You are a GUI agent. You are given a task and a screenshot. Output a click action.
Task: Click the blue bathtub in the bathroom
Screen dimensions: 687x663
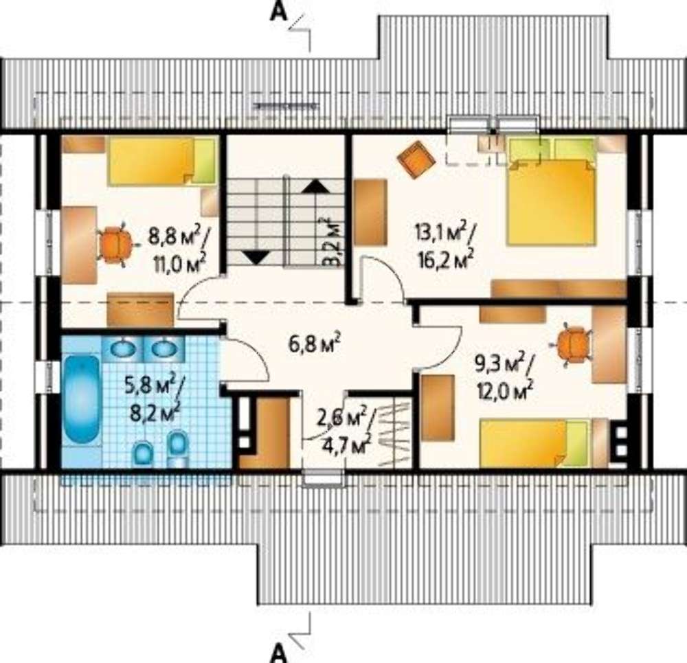click(x=82, y=399)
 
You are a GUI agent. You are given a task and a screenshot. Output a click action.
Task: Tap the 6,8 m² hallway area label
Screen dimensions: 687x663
click(x=315, y=343)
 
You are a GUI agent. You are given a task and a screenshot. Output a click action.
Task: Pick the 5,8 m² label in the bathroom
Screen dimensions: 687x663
click(x=147, y=386)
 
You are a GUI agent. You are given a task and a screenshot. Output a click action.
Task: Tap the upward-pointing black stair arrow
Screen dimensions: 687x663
click(x=315, y=186)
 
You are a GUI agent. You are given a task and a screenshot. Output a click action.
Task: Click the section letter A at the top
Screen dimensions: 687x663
click(x=279, y=12)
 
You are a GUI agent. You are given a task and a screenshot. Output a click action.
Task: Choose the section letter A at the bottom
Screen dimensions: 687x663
click(x=279, y=654)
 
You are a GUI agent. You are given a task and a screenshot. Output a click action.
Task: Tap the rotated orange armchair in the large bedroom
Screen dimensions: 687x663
click(x=416, y=159)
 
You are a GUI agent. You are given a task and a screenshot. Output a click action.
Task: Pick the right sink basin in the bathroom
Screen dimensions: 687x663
click(x=164, y=349)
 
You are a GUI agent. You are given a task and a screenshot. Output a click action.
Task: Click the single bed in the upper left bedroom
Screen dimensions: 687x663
click(x=161, y=160)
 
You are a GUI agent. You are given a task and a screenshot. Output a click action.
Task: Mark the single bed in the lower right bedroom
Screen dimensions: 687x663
click(x=534, y=443)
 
